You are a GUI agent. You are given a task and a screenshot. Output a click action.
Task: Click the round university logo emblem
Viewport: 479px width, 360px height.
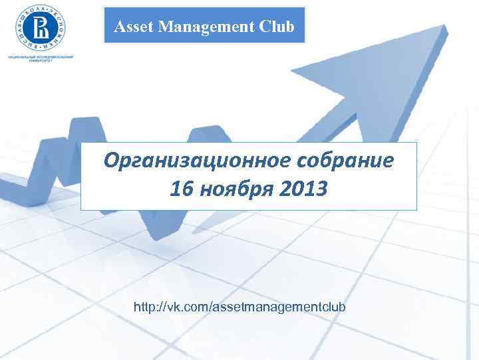click(41, 27)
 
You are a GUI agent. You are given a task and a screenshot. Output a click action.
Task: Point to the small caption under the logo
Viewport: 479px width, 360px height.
click(41, 59)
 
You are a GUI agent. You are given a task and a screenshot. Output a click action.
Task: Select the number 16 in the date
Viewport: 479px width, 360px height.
click(181, 191)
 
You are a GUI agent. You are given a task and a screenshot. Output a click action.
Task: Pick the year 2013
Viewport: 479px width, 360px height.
click(303, 191)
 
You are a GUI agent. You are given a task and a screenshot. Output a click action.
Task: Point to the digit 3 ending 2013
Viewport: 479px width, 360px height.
click(321, 191)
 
